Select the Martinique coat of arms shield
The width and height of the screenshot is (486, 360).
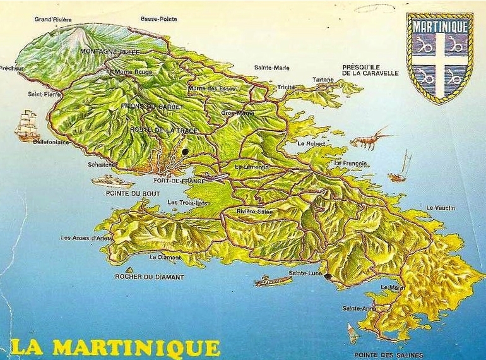(439, 57)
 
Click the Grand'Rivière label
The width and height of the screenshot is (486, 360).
(53, 20)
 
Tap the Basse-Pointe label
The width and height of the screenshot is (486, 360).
(158, 19)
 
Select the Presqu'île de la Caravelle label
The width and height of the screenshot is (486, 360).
(370, 69)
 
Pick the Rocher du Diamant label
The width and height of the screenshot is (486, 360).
(150, 277)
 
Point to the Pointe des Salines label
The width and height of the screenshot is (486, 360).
(388, 355)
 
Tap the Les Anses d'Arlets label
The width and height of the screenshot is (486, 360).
(86, 238)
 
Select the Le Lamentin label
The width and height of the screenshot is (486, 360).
(252, 167)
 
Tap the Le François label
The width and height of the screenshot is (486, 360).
(352, 163)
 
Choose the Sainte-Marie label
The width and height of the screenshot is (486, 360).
(272, 68)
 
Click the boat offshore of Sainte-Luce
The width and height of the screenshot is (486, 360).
(273, 280)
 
